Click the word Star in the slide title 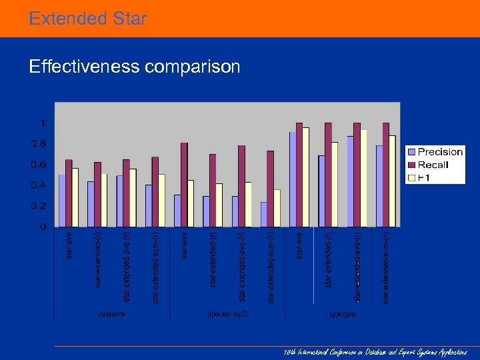coord(127,18)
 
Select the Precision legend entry coord(439,152)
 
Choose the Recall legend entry coord(433,165)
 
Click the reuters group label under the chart coord(111,313)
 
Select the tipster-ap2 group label coord(227,313)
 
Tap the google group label coord(341,313)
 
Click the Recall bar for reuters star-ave coord(69,193)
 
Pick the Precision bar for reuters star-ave coord(62,200)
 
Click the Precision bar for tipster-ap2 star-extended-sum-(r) coord(264,214)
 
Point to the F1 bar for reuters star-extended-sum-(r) coord(161,200)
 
